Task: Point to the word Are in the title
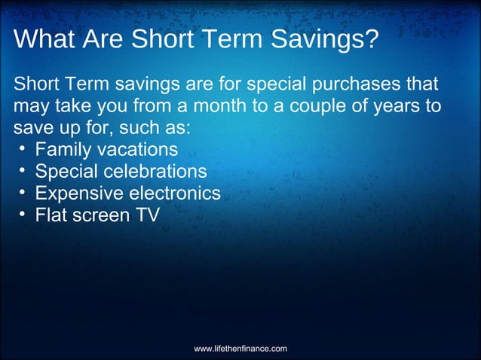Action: click(106, 40)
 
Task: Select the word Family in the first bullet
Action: click(63, 149)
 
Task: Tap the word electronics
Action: click(174, 194)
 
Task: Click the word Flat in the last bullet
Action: click(51, 216)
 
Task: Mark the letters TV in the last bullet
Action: click(147, 216)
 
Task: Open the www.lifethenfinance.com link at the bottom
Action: click(240, 349)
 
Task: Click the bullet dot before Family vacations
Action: click(23, 148)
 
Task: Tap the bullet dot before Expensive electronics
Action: click(23, 193)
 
